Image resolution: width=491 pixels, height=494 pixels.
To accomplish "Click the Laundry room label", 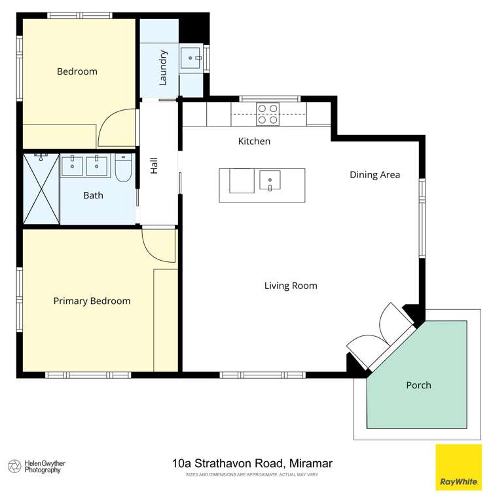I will [x=164, y=67].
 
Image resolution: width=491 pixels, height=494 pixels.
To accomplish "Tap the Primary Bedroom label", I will [x=92, y=301].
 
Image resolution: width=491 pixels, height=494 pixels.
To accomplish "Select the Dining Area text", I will [x=374, y=175].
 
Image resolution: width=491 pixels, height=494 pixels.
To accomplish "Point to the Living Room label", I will [x=291, y=286].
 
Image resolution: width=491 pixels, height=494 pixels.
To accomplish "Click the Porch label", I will [x=418, y=385].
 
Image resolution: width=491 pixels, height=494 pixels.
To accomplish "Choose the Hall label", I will [x=155, y=166].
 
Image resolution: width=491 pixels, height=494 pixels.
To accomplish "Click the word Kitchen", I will [x=254, y=142].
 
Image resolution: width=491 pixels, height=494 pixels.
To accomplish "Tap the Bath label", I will [x=93, y=195].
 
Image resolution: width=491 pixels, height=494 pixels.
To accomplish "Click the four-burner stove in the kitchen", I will [x=267, y=114].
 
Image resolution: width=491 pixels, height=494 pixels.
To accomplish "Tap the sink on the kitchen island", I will [x=270, y=180].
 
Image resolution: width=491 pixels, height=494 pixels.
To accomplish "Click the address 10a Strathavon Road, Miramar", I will [x=252, y=464].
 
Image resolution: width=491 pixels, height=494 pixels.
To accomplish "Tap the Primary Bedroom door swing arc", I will [x=159, y=246].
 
